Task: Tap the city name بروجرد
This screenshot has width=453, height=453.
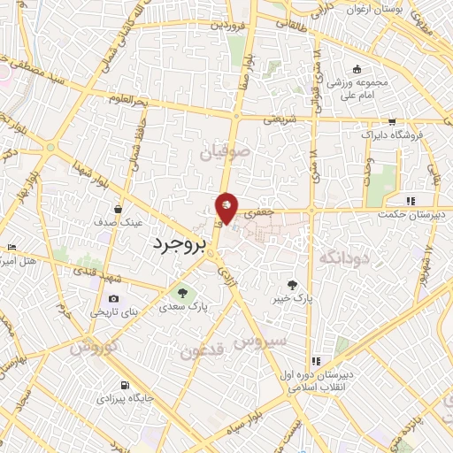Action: [178, 242]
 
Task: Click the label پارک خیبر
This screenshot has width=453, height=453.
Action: [294, 299]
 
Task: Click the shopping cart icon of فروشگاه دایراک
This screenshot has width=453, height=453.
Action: [392, 123]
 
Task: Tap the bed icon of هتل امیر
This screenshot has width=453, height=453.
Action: [11, 247]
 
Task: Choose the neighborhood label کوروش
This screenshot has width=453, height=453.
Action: [88, 347]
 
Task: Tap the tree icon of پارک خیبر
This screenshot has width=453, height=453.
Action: [294, 284]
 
